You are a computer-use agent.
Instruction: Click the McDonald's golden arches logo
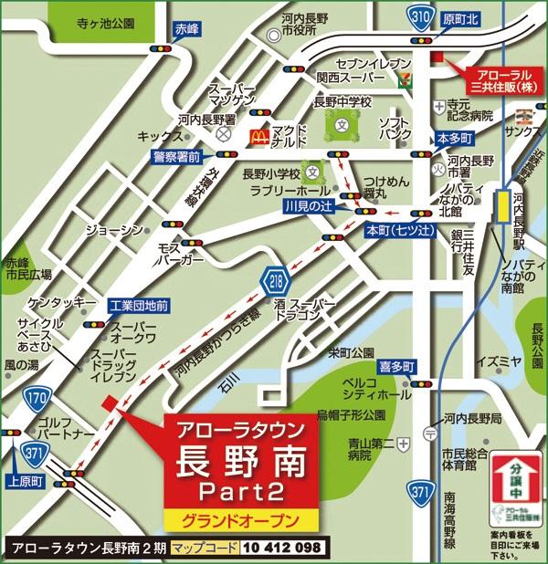(x=258, y=138)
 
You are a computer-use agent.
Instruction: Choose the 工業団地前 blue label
(x=138, y=305)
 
